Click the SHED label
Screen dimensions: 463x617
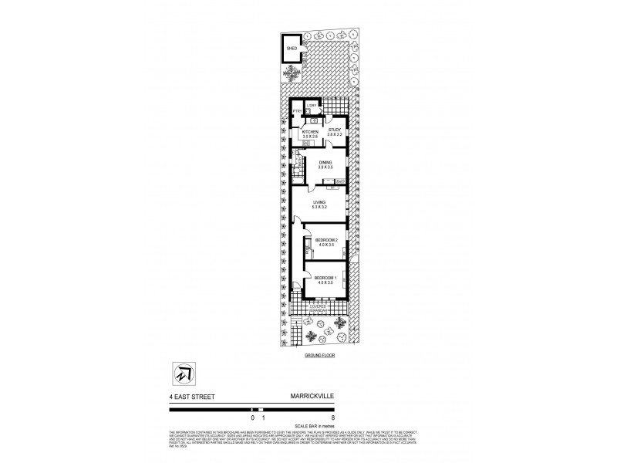coord(292,48)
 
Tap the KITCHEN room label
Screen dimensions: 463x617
coord(310,132)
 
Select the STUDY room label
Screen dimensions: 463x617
coord(334,130)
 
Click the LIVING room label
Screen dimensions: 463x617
coord(319,202)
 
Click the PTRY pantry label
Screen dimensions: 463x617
coord(296,113)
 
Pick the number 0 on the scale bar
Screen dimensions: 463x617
coord(252,417)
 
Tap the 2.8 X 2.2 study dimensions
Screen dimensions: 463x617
coord(334,136)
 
